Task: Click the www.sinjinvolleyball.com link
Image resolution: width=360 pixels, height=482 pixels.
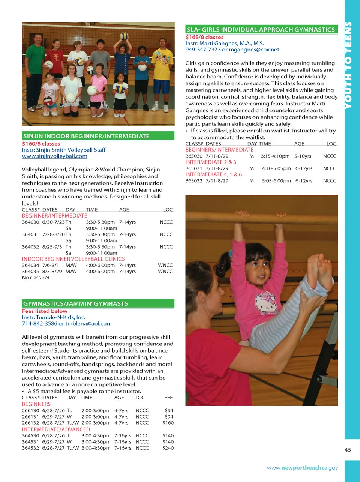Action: pos(54,156)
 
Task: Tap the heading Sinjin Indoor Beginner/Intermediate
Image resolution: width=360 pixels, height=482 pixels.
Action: pos(86,136)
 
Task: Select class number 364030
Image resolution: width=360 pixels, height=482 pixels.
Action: pos(30,222)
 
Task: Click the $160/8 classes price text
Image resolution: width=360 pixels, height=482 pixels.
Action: pos(41,144)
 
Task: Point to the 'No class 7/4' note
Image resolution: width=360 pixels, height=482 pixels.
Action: pos(36,278)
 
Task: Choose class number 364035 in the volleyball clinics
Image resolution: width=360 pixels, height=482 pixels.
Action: pos(30,271)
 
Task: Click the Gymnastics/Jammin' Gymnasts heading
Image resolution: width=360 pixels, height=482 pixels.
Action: pos(75,303)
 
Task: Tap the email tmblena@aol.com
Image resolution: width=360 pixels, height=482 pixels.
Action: pos(88,323)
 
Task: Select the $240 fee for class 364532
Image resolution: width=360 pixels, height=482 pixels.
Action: pos(168,448)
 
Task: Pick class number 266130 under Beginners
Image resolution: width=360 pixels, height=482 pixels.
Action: pos(30,410)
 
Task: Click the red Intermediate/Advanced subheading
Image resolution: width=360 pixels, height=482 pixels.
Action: pos(56,429)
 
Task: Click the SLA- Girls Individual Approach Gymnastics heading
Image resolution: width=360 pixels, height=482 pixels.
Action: pos(261,29)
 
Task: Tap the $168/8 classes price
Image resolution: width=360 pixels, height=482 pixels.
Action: pos(204,37)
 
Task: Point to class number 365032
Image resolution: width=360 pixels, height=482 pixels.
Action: pos(194,181)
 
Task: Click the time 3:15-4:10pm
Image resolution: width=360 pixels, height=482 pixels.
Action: pos(275,156)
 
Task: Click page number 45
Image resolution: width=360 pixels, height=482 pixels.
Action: pos(348,450)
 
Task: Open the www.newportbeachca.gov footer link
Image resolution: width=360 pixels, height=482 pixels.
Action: pos(302,468)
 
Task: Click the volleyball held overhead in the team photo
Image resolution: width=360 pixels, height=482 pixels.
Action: pos(124,37)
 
